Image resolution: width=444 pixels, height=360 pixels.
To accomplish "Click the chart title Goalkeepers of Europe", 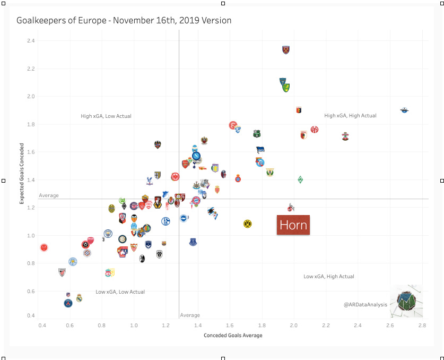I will [124, 21].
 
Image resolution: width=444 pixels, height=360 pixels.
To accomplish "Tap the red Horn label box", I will [293, 225].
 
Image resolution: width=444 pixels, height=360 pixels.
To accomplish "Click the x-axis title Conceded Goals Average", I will [233, 335].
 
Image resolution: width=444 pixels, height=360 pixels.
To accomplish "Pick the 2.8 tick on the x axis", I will [422, 324].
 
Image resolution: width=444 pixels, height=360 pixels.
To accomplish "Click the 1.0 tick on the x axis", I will [134, 324].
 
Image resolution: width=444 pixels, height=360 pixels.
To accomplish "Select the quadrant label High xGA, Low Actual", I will [106, 116].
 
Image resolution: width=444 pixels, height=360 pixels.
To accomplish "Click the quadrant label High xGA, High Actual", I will [350, 115].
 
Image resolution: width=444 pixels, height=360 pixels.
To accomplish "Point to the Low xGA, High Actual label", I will [329, 276].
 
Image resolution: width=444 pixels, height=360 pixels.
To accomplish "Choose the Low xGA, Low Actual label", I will [120, 292].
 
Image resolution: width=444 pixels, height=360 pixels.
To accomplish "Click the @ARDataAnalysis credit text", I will [365, 305].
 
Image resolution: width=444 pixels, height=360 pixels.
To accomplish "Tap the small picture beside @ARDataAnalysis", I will [406, 301].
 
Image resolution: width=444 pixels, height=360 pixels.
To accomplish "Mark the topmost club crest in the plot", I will [286, 50].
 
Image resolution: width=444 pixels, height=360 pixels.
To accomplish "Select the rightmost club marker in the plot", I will [404, 110].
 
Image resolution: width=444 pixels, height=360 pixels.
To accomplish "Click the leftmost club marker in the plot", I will [44, 247].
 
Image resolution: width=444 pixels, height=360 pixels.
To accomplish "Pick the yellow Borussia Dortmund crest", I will [247, 224].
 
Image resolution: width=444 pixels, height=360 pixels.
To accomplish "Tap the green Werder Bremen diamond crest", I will [300, 180].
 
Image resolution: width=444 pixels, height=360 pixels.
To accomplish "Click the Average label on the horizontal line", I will [49, 195].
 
